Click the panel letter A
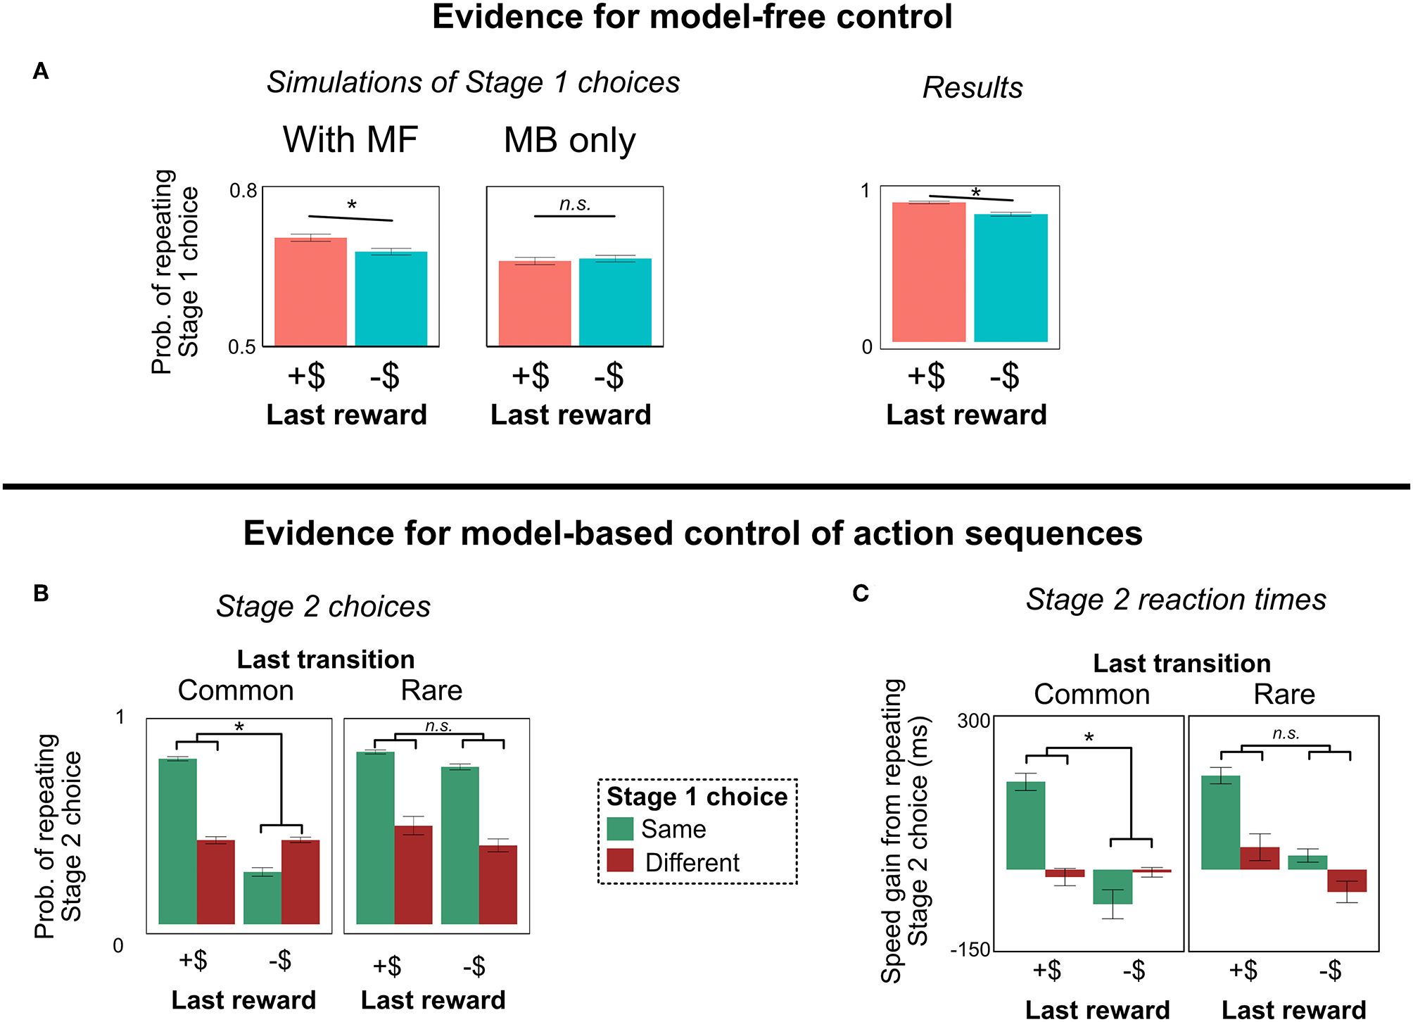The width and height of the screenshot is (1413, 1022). point(41,71)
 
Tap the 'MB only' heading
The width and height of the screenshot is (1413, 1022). point(569,140)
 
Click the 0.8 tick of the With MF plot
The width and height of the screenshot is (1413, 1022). point(243,191)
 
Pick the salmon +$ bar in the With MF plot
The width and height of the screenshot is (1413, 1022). point(310,291)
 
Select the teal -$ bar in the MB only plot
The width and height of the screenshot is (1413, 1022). point(615,302)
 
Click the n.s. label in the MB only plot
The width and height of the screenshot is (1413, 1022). point(575,204)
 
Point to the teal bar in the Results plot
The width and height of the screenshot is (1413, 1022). point(1010,277)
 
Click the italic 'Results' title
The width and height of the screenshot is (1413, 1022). point(972,88)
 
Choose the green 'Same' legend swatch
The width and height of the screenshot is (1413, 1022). point(620,828)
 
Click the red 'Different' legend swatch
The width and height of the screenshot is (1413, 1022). point(620,861)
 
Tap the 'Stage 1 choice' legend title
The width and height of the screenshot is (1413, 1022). point(697,797)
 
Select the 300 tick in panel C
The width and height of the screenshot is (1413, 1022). point(974,721)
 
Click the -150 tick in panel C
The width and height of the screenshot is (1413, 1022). point(970,950)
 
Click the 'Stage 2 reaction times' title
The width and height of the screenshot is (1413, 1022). point(1176,600)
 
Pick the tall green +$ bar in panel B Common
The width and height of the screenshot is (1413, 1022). point(178,840)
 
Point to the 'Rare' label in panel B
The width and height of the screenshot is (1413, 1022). point(431,690)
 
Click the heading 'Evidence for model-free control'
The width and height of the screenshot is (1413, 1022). point(692,17)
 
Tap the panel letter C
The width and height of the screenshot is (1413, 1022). point(861,593)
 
